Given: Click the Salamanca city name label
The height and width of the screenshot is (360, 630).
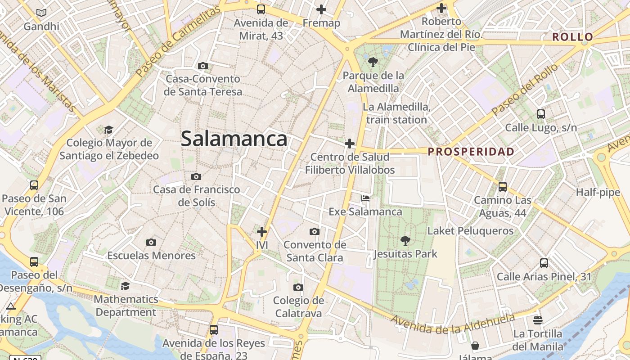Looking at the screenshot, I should (234, 139).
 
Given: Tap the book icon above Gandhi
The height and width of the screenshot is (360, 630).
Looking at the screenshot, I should (41, 13).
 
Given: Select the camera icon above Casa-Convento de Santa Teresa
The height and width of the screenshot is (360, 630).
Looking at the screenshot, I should (203, 66).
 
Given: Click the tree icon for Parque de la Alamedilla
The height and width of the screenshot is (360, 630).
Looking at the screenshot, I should (373, 62).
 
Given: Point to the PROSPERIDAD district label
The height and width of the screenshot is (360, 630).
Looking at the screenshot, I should (471, 152).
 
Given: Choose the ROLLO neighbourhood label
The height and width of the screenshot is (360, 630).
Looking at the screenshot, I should (573, 37).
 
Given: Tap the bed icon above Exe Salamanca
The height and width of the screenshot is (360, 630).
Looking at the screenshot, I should (365, 198).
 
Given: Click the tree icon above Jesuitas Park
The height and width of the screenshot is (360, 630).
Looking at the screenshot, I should (405, 241).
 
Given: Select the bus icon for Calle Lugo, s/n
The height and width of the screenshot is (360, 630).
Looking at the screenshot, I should (541, 114).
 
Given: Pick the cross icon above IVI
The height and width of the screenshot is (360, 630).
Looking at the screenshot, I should (262, 232).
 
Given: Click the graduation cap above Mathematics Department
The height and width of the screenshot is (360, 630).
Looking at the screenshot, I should (126, 286).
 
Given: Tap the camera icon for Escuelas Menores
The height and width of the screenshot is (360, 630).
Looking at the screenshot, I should (151, 243).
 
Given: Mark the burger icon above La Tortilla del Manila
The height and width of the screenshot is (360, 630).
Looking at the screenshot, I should (538, 320).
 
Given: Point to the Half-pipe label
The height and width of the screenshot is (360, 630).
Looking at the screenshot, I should (598, 193).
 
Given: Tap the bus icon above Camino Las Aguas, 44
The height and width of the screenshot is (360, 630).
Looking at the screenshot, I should (503, 186).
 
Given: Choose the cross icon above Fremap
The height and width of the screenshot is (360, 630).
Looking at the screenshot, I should (321, 9).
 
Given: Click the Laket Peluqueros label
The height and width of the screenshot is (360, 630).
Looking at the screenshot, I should (470, 231).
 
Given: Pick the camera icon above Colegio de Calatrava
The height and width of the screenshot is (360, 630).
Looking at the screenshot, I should (298, 288).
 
